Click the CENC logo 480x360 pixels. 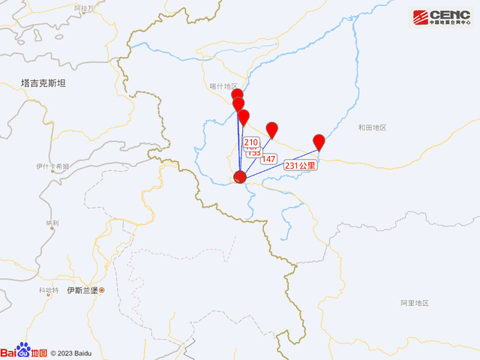coord(442,17)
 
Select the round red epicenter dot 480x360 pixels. coord(240,178)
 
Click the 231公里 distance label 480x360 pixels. coord(301,164)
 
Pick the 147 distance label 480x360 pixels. coord(268,158)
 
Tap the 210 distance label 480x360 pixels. coord(251,142)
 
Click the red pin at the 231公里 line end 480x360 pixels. coord(319,141)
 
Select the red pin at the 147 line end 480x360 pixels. coord(272,128)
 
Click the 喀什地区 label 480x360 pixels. coord(223,87)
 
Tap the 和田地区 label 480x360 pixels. coord(372,127)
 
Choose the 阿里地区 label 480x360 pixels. coord(414,303)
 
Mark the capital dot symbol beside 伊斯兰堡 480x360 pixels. coord(102,290)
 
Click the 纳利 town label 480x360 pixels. coord(52,223)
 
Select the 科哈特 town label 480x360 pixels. coord(48,290)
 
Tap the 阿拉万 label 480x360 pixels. coord(85,7)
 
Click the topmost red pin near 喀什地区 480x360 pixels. coord(237,94)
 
